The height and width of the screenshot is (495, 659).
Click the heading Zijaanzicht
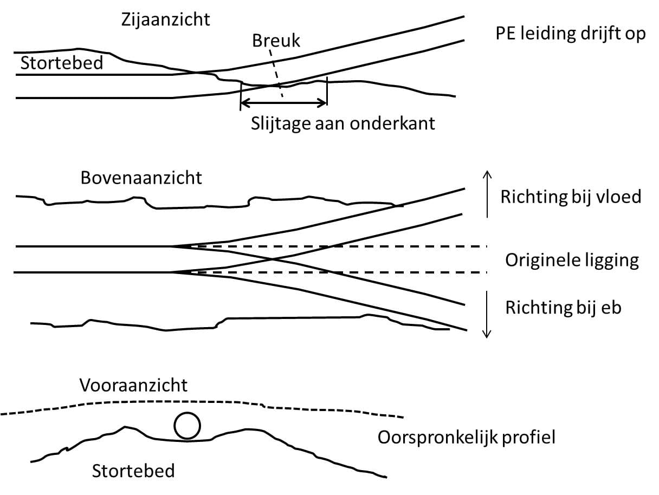pyautogui.click(x=165, y=21)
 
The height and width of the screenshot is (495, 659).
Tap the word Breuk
pyautogui.click(x=276, y=41)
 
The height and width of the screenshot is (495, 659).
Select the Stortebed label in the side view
pyautogui.click(x=62, y=63)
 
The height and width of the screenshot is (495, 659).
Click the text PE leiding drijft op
pyautogui.click(x=571, y=34)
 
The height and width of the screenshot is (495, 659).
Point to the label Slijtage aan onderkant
pyautogui.click(x=343, y=123)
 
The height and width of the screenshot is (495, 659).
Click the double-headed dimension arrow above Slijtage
pyautogui.click(x=283, y=104)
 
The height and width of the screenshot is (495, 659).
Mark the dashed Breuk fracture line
pyautogui.click(x=276, y=74)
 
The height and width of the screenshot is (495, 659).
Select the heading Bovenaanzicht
pyautogui.click(x=141, y=178)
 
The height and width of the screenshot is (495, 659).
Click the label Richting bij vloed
pyautogui.click(x=571, y=197)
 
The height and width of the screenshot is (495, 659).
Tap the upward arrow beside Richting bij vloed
pyautogui.click(x=487, y=194)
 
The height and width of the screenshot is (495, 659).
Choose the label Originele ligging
pyautogui.click(x=572, y=260)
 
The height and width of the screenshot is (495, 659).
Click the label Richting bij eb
pyautogui.click(x=563, y=308)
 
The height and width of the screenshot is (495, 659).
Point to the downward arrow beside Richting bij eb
pyautogui.click(x=487, y=315)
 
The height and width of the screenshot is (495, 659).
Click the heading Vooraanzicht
pyautogui.click(x=134, y=386)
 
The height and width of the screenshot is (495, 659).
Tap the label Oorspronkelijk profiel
pyautogui.click(x=467, y=438)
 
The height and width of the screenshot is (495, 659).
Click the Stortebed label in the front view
pyautogui.click(x=133, y=471)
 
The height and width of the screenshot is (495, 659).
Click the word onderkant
pyautogui.click(x=392, y=123)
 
